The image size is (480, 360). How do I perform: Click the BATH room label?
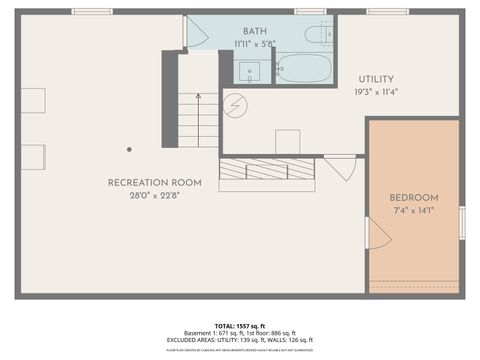(x=255, y=31)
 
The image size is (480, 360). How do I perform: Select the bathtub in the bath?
(x=303, y=68)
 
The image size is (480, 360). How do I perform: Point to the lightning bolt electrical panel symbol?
(x=234, y=104)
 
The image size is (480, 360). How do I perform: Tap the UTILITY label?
(x=375, y=79)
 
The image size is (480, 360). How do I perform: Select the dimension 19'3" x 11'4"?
(x=375, y=92)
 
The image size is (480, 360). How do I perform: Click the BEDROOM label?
(x=413, y=198)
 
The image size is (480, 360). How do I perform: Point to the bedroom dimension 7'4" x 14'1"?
(x=413, y=211)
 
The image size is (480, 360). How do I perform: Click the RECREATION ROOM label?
(x=155, y=183)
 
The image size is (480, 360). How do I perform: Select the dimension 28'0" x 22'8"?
(x=155, y=195)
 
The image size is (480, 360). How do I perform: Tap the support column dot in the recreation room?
(x=129, y=149)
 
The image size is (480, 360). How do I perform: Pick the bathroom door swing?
(x=195, y=34)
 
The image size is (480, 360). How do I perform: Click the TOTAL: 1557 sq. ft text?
(x=239, y=327)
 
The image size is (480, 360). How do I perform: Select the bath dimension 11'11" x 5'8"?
(x=255, y=44)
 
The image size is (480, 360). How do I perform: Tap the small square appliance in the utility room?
(x=288, y=141)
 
